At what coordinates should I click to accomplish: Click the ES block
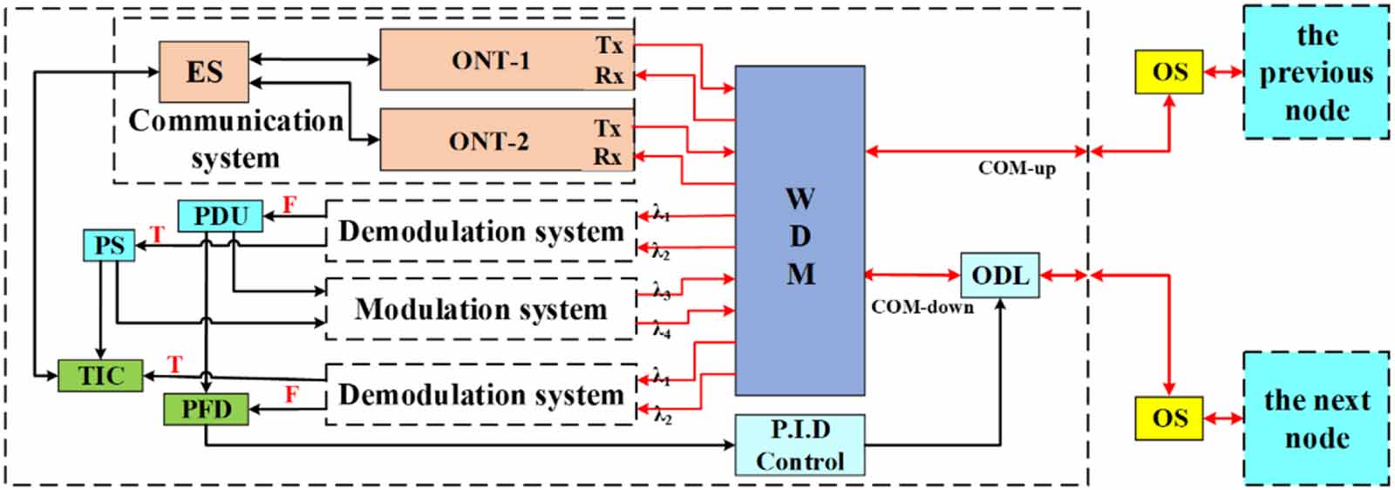tap(204, 71)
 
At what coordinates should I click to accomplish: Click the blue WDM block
tap(800, 231)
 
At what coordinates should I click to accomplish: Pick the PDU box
tap(220, 215)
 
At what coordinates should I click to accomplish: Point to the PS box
tap(109, 245)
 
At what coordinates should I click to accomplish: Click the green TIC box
tap(100, 376)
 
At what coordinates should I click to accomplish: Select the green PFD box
tap(206, 408)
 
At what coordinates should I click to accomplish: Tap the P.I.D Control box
tap(800, 446)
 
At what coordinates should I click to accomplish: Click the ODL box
tap(999, 276)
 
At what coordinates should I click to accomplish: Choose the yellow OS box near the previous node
tap(1168, 71)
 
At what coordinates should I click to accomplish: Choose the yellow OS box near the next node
tap(1168, 418)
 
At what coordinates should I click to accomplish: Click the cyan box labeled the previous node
tap(1316, 72)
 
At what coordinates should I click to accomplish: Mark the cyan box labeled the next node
tap(1316, 419)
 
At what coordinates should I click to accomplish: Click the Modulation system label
tap(480, 309)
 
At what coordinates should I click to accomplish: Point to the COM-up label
tap(1016, 168)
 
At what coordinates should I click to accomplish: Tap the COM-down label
tap(922, 307)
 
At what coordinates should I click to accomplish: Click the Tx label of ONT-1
tap(609, 45)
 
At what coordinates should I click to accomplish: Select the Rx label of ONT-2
tap(608, 157)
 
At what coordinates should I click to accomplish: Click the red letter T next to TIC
tap(175, 364)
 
